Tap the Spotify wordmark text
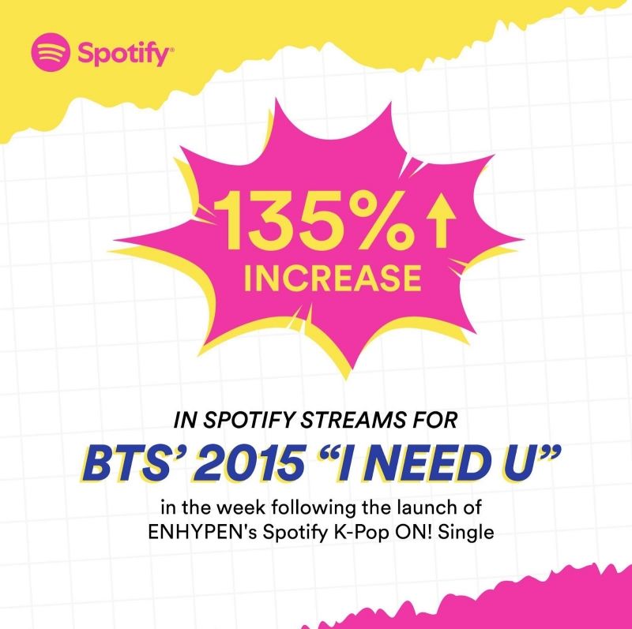point(123,55)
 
